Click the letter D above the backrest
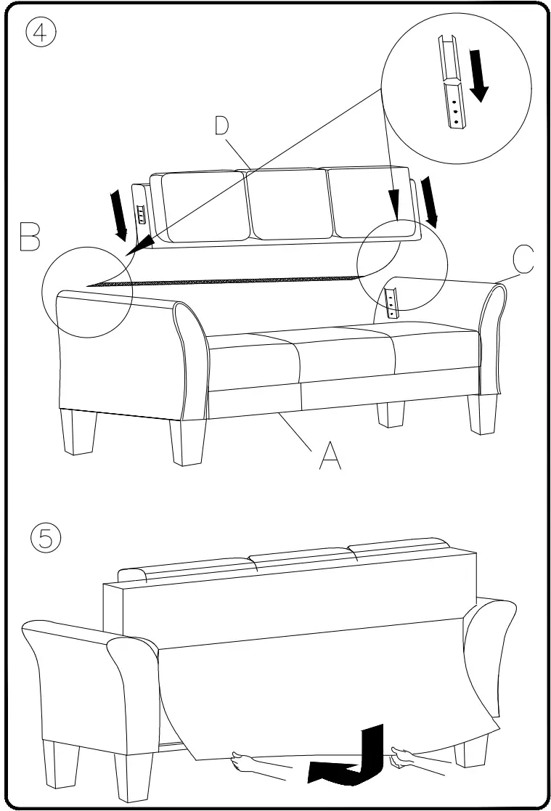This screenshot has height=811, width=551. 221,126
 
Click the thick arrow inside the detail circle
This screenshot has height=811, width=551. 478,74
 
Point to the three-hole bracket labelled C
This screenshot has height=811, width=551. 392,303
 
